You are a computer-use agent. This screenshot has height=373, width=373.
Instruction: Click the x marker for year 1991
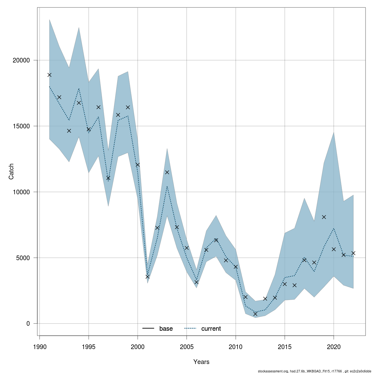(49, 75)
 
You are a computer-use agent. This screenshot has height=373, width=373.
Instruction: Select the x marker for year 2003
(167, 172)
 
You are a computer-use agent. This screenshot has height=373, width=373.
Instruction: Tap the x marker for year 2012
(255, 314)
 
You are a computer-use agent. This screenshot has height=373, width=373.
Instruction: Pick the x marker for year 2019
(324, 217)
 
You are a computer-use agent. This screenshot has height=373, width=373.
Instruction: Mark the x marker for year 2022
(353, 253)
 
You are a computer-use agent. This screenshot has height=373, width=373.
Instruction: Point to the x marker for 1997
(108, 178)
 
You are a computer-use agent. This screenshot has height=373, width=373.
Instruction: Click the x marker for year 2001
(147, 276)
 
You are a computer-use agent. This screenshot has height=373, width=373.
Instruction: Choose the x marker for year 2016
(294, 285)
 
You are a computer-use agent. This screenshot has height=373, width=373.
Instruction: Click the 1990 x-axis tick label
(39, 347)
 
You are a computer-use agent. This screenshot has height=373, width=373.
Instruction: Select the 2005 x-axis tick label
(186, 347)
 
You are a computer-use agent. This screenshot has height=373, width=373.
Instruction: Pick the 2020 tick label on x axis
(334, 347)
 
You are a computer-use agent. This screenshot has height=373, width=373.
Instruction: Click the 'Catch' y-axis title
(12, 171)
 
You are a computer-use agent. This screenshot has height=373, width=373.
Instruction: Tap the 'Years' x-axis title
(201, 362)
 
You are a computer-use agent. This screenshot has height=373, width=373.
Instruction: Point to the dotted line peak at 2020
(334, 228)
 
